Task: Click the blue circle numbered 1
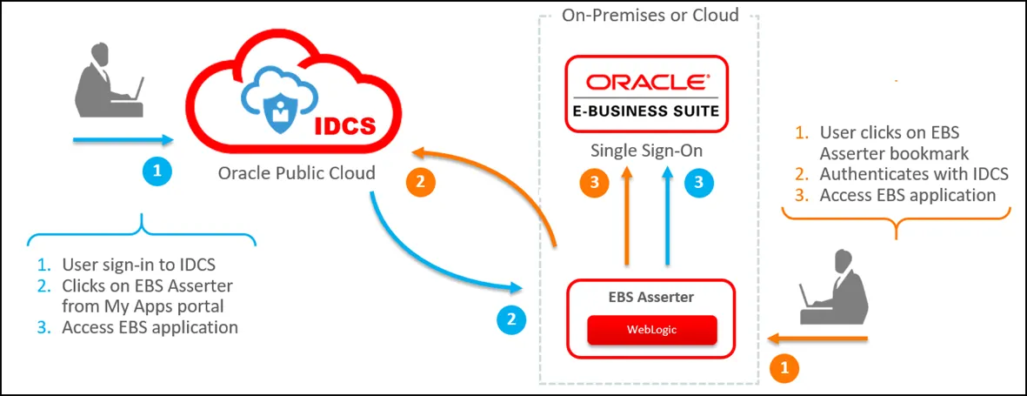pyautogui.click(x=157, y=171)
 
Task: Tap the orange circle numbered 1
pyautogui.click(x=784, y=368)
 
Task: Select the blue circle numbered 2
pyautogui.click(x=511, y=319)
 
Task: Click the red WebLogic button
pyautogui.click(x=651, y=330)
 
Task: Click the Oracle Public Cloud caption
pyautogui.click(x=297, y=173)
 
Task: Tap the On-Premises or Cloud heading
pyautogui.click(x=650, y=15)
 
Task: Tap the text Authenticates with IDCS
pyautogui.click(x=914, y=173)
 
